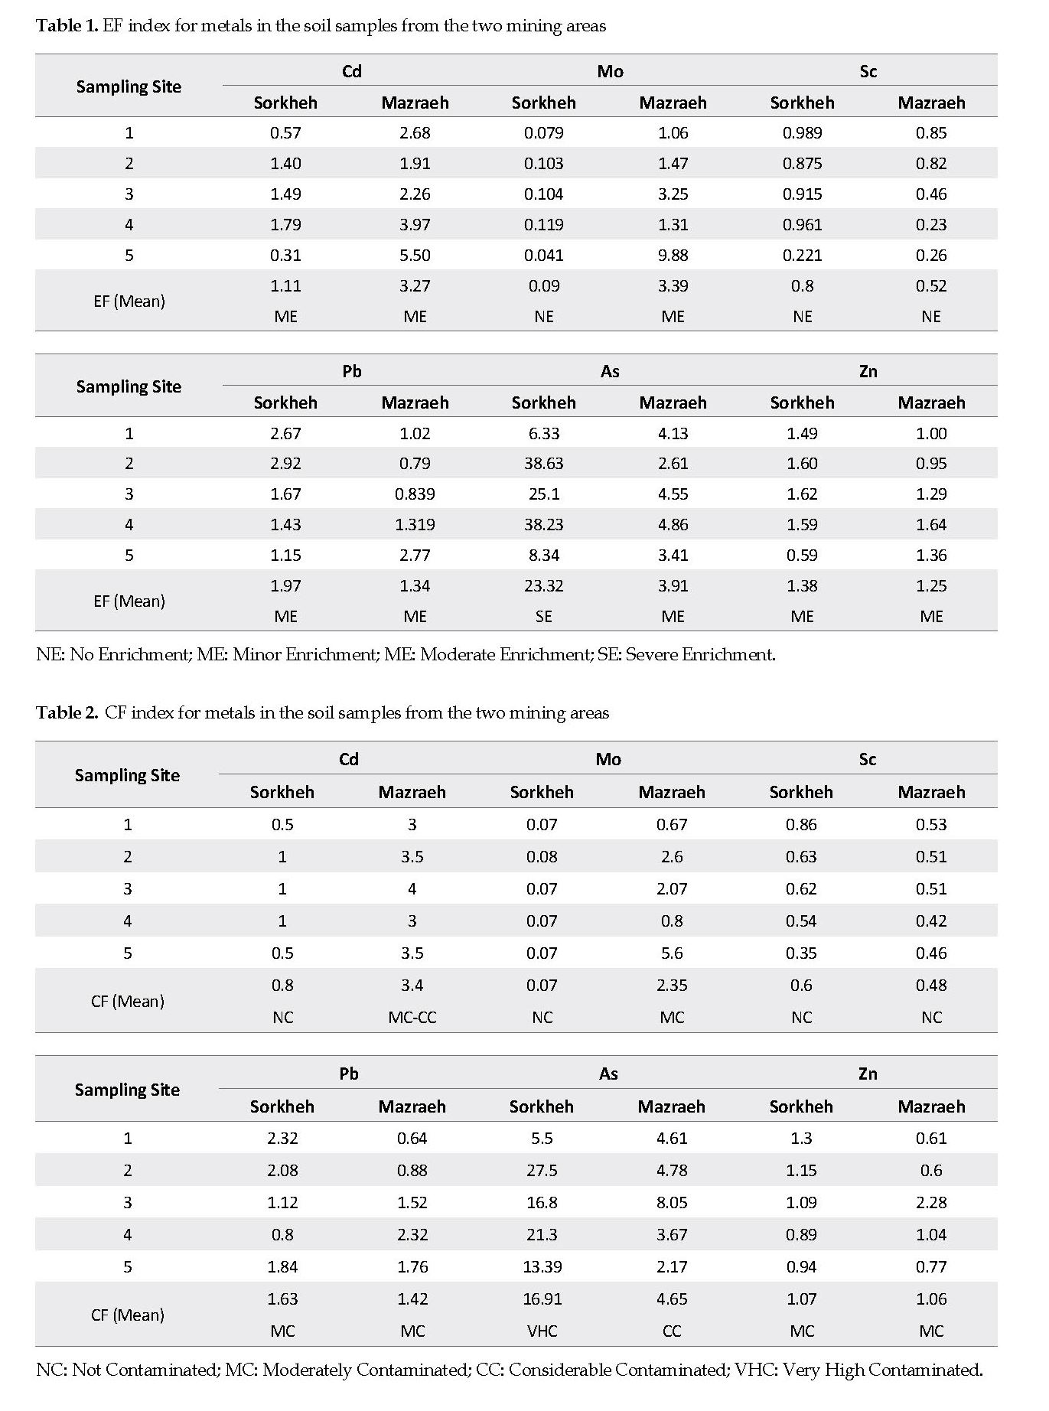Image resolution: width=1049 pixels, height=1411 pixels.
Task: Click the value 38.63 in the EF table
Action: pos(543,464)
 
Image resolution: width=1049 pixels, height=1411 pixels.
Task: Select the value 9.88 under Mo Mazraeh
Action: pos(673,256)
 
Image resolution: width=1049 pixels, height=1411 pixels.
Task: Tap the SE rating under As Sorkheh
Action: pos(543,617)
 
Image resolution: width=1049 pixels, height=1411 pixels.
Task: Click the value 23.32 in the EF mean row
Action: pos(543,586)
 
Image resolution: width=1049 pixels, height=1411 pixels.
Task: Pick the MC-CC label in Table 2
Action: pos(412,1018)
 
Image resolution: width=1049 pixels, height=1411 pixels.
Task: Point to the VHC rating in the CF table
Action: pos(542,1331)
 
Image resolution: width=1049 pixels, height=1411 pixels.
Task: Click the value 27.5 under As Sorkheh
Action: pos(542,1171)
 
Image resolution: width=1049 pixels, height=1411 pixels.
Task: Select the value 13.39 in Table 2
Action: pos(542,1267)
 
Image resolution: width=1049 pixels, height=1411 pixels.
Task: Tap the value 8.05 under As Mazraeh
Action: pos(672,1203)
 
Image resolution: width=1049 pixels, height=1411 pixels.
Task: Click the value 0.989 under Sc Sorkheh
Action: pos(802,133)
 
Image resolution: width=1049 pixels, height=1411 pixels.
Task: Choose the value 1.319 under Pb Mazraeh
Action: pos(415,525)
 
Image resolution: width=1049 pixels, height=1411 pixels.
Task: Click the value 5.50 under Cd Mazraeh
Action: pos(415,256)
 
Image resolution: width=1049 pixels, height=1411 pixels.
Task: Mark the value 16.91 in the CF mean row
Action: pos(542,1299)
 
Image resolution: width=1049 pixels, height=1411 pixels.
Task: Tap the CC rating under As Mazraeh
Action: pos(672,1331)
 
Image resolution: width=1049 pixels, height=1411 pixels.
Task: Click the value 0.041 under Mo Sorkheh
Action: pos(543,256)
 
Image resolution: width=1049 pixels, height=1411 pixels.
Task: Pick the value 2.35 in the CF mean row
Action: pos(672,986)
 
